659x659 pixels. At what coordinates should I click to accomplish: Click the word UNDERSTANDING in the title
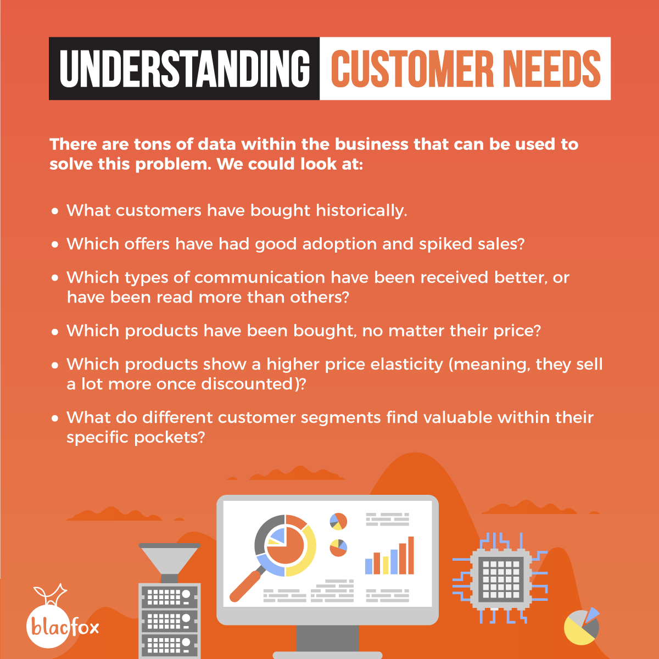[185, 69]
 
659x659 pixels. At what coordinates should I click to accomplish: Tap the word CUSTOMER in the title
[412, 69]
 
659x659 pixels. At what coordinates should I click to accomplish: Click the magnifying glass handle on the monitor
[245, 587]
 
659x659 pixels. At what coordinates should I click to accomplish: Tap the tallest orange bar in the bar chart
[411, 555]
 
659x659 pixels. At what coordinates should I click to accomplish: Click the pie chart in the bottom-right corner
[582, 627]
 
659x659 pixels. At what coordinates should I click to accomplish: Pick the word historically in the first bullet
[361, 211]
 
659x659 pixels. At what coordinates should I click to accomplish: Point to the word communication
[260, 277]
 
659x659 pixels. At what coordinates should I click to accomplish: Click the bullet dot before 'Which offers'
[55, 245]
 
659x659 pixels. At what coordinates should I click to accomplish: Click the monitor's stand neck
[327, 638]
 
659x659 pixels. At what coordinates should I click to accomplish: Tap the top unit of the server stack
[169, 597]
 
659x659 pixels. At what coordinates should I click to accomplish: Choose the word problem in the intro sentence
[174, 165]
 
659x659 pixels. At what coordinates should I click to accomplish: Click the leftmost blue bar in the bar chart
[368, 566]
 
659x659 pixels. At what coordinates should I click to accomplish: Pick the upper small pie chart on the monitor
[338, 522]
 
